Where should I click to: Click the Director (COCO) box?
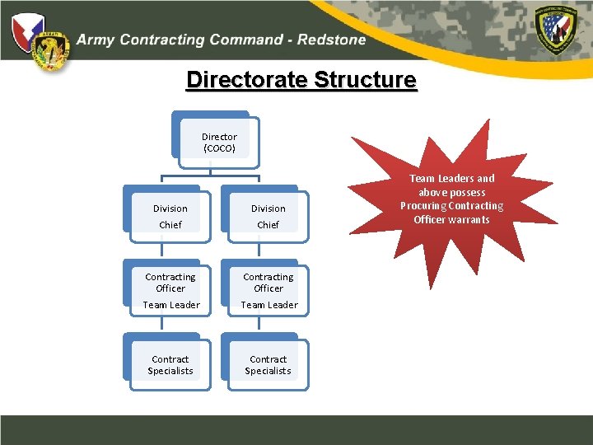tap(219, 142)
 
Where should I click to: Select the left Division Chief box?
tap(170, 216)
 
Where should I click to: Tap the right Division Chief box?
tap(268, 216)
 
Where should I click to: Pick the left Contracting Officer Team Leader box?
tap(170, 290)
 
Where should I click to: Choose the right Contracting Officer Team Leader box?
tap(268, 290)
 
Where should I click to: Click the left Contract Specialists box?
tap(170, 364)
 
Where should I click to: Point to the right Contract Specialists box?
tap(268, 364)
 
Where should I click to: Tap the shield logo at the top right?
tap(559, 28)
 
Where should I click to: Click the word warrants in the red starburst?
tap(469, 220)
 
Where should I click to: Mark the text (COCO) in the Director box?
tap(219, 149)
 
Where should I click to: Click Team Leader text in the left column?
tap(170, 305)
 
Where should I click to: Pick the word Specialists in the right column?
tap(268, 371)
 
